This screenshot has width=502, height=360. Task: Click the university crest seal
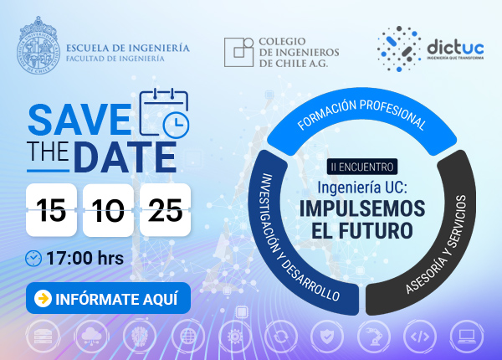[x=38, y=45]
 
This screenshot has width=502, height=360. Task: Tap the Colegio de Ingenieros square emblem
[x=238, y=52]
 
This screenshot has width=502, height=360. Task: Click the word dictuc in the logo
[x=455, y=47]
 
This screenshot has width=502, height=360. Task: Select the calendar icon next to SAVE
[x=164, y=113]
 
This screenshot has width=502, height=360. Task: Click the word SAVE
[x=79, y=120]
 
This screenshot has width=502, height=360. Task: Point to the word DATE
[x=127, y=157]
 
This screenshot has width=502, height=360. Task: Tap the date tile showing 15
[x=51, y=210]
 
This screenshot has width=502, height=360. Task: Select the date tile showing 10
[x=108, y=210]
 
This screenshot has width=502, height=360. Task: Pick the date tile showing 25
[x=165, y=210]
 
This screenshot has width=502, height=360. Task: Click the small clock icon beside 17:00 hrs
[x=33, y=259]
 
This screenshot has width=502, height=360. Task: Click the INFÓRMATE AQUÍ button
[x=108, y=298]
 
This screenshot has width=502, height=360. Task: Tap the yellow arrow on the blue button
[x=43, y=298]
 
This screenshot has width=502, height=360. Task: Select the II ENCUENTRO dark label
[x=362, y=167]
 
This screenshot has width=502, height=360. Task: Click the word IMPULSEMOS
[x=362, y=208]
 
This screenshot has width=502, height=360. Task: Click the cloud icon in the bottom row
[x=91, y=337]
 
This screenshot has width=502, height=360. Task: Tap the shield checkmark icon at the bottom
[x=327, y=337]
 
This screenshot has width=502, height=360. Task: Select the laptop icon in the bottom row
[x=467, y=337]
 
